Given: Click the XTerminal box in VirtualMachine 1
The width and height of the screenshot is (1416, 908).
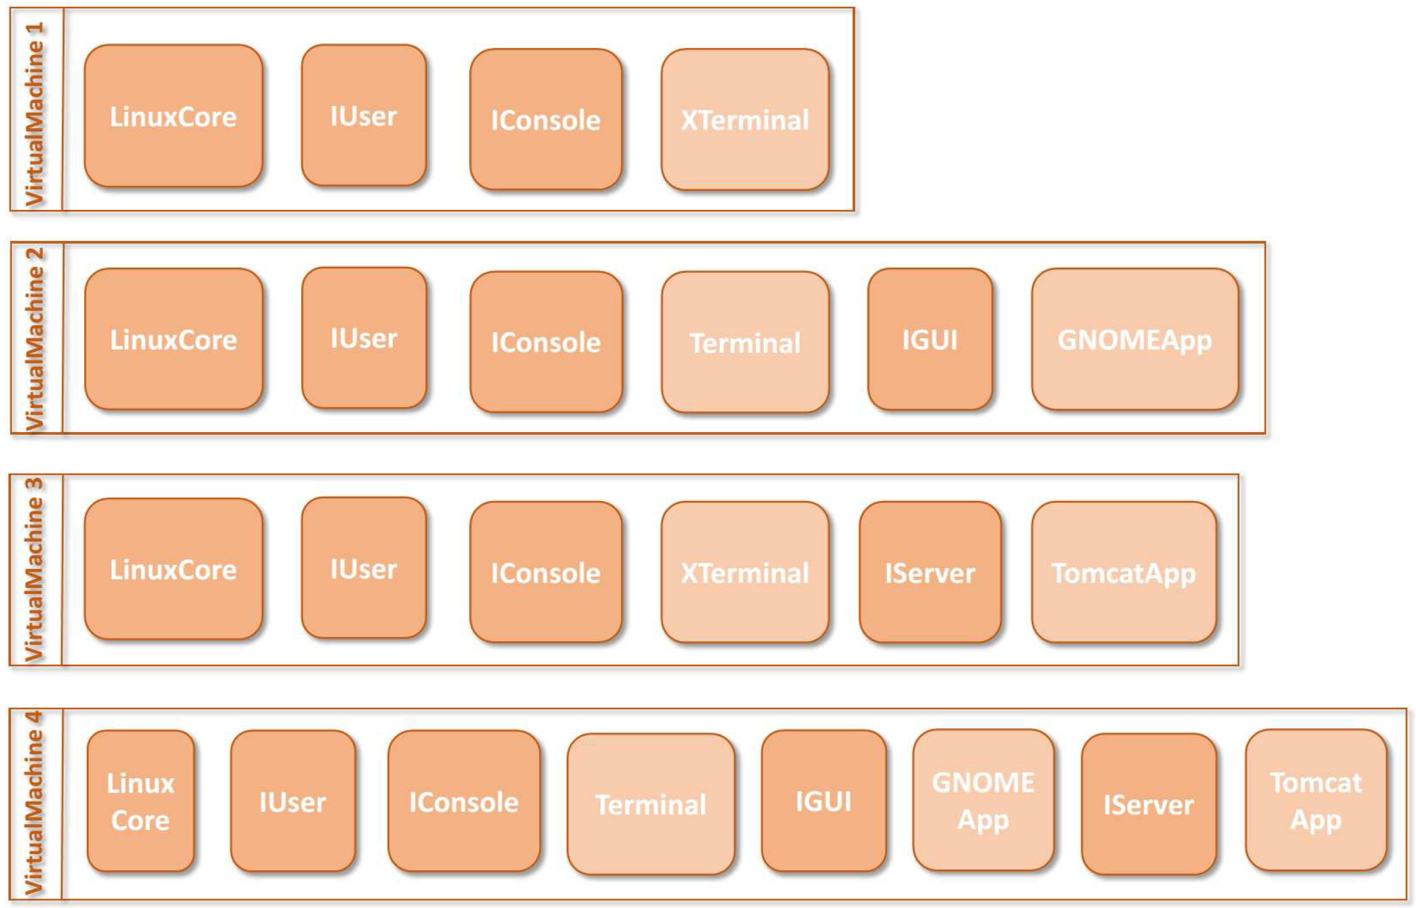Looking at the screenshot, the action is (x=745, y=120).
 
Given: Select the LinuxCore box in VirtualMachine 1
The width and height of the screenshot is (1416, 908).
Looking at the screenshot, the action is (x=173, y=116).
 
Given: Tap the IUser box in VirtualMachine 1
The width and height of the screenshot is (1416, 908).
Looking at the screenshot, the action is (x=363, y=116).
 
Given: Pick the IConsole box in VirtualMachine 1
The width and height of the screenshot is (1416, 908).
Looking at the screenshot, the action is (x=546, y=120).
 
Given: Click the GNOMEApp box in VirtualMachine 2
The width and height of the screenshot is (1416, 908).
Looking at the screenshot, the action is (x=1134, y=340).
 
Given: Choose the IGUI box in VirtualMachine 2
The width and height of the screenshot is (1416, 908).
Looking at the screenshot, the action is (x=929, y=340).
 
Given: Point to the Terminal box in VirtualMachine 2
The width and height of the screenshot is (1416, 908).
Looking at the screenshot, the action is (x=745, y=342).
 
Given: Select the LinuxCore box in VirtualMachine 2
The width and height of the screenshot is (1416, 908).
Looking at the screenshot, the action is (x=173, y=340).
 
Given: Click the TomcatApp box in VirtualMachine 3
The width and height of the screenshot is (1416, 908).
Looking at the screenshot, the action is (x=1124, y=572).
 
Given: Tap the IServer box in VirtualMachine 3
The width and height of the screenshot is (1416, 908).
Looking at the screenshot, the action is (x=929, y=572).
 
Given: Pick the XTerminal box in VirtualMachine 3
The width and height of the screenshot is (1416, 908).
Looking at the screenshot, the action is (x=745, y=572).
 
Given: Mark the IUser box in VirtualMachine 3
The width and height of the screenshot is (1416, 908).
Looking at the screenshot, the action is (x=363, y=568).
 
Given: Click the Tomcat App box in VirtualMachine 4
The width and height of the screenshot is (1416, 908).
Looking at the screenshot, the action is (x=1315, y=801).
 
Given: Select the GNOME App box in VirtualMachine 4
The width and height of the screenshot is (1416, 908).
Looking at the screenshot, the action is (x=983, y=801).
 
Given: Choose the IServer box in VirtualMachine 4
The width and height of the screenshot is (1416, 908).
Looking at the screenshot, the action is (x=1148, y=804).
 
